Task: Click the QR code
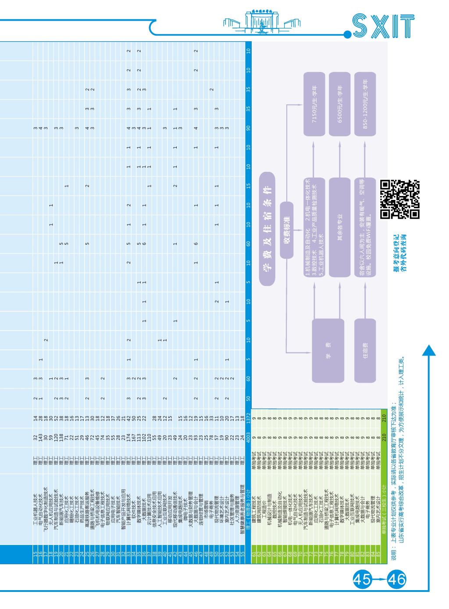[x=400, y=199]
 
